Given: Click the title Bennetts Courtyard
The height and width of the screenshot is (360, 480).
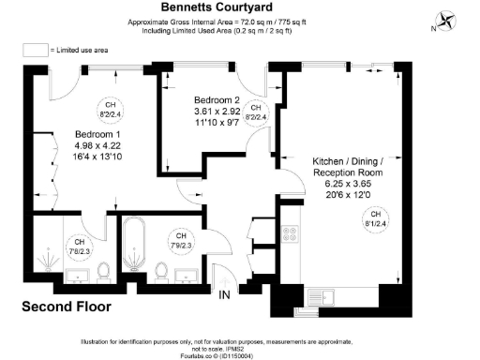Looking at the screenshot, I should [x=240, y=7].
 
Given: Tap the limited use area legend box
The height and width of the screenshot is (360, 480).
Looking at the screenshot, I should [x=36, y=49].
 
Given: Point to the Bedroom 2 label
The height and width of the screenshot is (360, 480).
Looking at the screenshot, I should [x=217, y=99].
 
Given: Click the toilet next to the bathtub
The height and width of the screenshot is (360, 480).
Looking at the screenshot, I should [x=162, y=272].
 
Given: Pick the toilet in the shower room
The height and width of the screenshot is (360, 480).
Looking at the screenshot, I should [x=103, y=272].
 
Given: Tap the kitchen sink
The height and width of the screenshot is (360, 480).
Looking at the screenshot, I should [x=336, y=301].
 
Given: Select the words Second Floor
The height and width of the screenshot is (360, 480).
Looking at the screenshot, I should [x=67, y=307].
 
